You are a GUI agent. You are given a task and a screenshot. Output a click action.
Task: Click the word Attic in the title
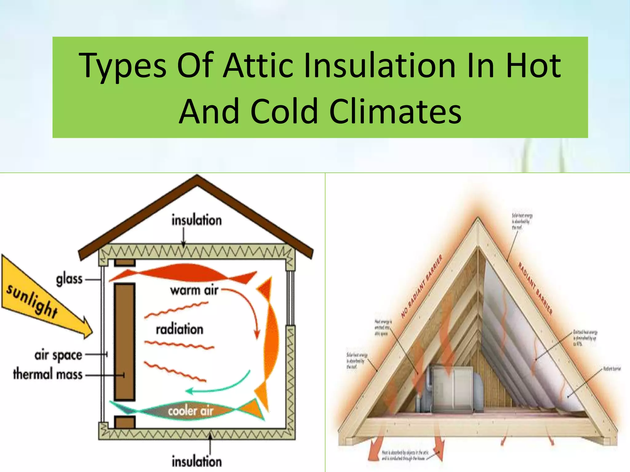pos(258,65)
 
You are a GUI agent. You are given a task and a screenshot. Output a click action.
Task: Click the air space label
pos(58,355)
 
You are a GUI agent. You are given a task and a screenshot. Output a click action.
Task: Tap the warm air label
pos(194,290)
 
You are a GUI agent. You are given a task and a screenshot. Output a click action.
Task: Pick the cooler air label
pos(190,411)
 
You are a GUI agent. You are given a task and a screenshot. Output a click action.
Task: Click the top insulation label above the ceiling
pos(197,220)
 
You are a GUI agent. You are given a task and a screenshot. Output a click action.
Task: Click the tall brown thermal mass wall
pos(125,341)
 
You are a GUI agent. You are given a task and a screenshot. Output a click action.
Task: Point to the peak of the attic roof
pos(478,219)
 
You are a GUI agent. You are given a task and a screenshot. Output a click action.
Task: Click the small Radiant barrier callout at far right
pos(612,369)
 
